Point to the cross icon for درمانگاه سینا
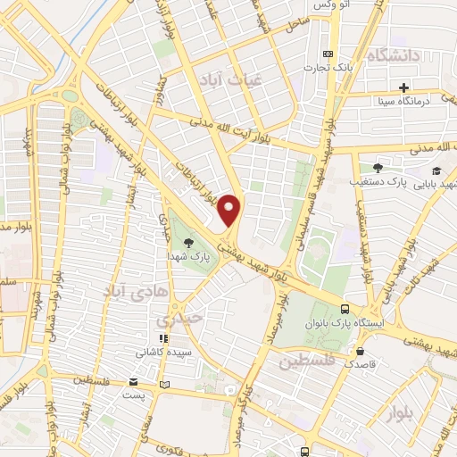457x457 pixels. pyautogui.click(x=403, y=87)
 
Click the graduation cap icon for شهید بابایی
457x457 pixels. pyautogui.click(x=436, y=170)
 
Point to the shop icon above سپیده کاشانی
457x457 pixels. pyautogui.click(x=162, y=338)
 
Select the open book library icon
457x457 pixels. pyautogui.click(x=162, y=385)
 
